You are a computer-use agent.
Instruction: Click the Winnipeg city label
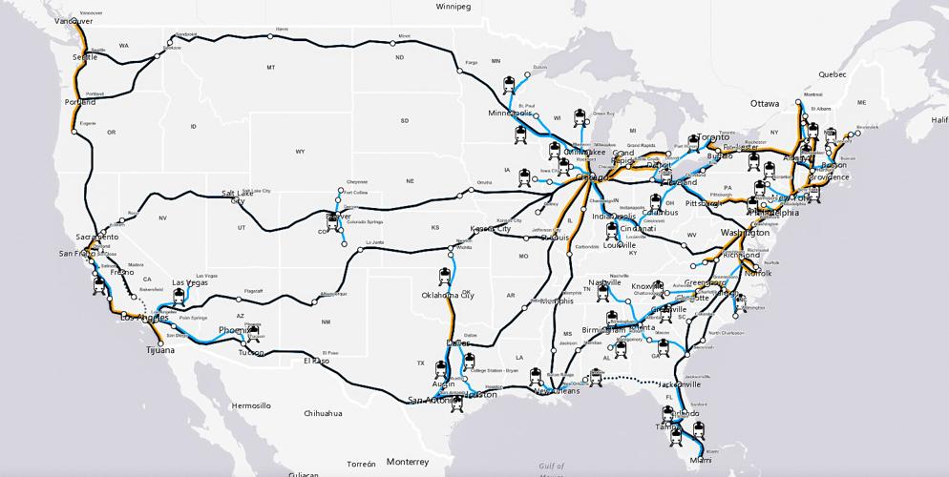pyautogui.click(x=454, y=6)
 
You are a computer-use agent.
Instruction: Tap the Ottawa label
pyautogui.click(x=765, y=102)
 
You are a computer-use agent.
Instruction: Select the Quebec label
pyautogui.click(x=833, y=73)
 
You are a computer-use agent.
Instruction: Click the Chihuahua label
pyautogui.click(x=324, y=413)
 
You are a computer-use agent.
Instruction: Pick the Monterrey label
pyautogui.click(x=408, y=461)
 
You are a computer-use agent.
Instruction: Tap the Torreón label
pyautogui.click(x=362, y=464)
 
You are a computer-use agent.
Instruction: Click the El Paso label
pyautogui.click(x=316, y=361)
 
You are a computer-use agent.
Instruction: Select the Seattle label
pyautogui.click(x=85, y=57)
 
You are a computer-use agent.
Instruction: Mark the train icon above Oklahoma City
pyautogui.click(x=445, y=276)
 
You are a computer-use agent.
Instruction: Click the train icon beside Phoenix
pyautogui.click(x=253, y=331)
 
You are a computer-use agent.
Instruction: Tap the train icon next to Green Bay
pyautogui.click(x=580, y=118)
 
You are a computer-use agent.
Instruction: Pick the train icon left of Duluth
pyautogui.click(x=511, y=82)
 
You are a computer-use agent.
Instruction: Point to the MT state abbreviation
pyautogui.click(x=270, y=68)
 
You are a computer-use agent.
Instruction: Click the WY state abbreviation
pyautogui.click(x=300, y=152)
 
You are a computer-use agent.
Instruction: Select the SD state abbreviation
pyautogui.click(x=404, y=121)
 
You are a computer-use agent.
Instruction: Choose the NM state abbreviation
pyautogui.click(x=326, y=321)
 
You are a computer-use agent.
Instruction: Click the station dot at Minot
pyautogui.click(x=392, y=41)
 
